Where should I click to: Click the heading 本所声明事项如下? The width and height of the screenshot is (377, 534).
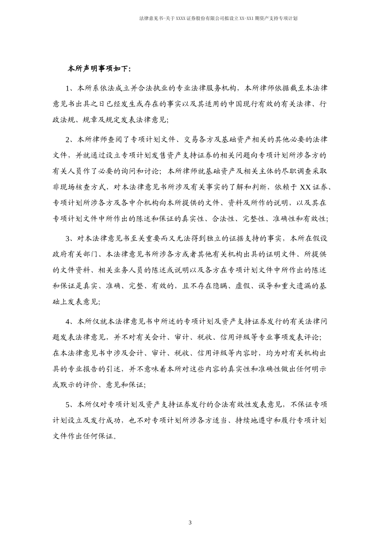[x=99, y=69]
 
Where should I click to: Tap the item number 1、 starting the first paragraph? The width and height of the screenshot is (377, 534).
[x=70, y=88]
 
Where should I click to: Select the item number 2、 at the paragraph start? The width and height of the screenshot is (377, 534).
[x=70, y=139]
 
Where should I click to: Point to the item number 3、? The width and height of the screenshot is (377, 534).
[x=70, y=238]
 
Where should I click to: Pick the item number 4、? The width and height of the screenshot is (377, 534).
[x=70, y=321]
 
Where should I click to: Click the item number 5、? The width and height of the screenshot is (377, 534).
[x=70, y=404]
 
